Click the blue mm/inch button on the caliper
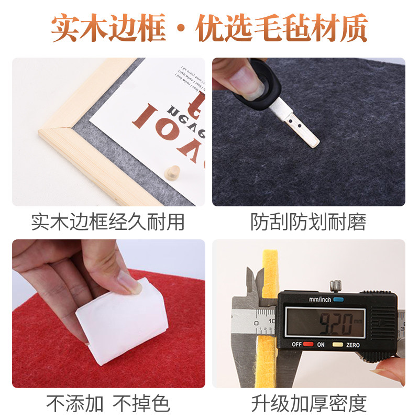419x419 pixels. pyautogui.click(x=338, y=300)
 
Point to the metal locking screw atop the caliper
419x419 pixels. pyautogui.click(x=334, y=286)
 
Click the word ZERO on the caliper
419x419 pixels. pyautogui.click(x=352, y=345)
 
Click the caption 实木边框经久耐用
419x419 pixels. pyautogui.click(x=108, y=222)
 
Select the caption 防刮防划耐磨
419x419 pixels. pyautogui.click(x=308, y=222)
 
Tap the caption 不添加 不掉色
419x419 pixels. pyautogui.click(x=108, y=403)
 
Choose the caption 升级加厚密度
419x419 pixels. pyautogui.click(x=308, y=403)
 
